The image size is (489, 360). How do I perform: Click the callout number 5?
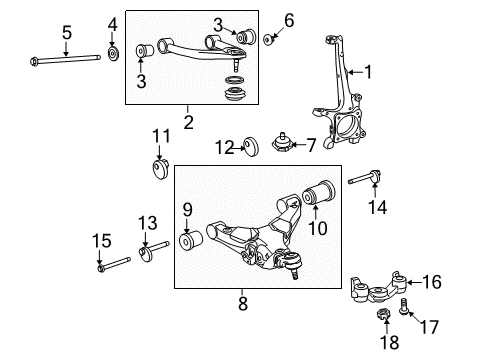coord(66,33)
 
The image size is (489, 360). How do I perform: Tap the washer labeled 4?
coord(112,52)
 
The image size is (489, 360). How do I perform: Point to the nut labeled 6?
coord(270,40)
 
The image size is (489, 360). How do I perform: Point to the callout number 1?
coord(366,71)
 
